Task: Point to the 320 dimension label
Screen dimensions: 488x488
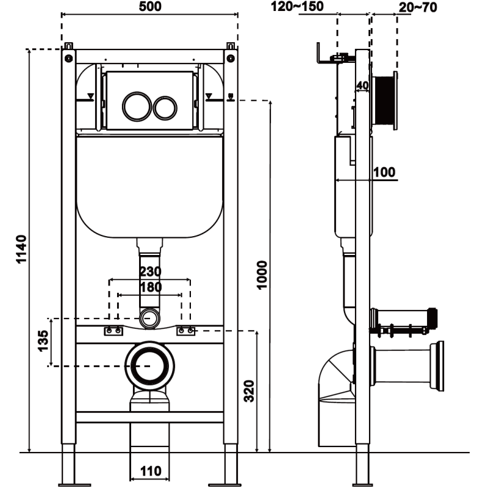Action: coord(248,390)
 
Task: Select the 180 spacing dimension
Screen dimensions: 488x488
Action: coord(149,287)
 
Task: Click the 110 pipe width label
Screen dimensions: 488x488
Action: coord(150,471)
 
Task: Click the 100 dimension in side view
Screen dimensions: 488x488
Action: coord(384,172)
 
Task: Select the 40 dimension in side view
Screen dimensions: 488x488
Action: coord(362,85)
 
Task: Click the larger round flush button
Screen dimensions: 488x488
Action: coord(134,106)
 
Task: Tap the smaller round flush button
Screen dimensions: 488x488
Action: coord(163,107)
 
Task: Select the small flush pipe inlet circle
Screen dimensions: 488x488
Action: coord(150,317)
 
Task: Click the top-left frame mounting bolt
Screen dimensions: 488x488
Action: coord(68,58)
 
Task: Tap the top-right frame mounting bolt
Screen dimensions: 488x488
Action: coord(231,58)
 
